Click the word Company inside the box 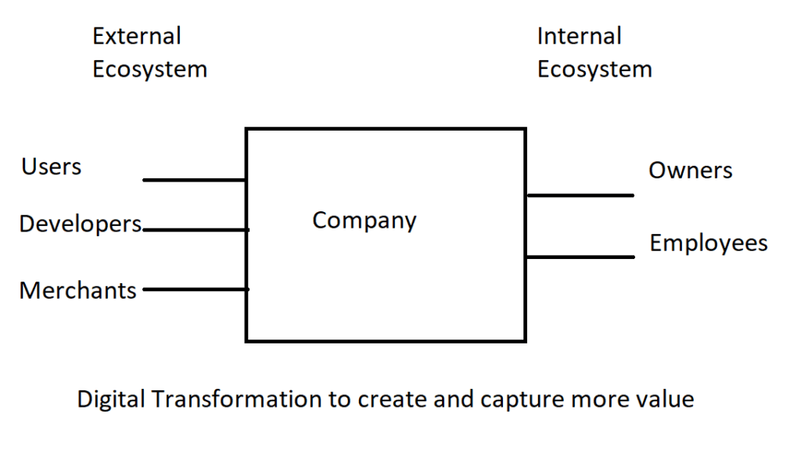[365, 221]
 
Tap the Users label [51, 167]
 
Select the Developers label [81, 225]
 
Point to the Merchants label [77, 290]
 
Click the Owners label [690, 171]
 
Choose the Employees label [709, 243]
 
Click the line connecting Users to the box [194, 180]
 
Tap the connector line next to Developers [196, 230]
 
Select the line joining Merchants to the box [196, 289]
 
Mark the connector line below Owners [580, 196]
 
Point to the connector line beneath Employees [580, 257]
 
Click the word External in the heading [136, 36]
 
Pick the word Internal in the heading [580, 36]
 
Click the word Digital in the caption [111, 400]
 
